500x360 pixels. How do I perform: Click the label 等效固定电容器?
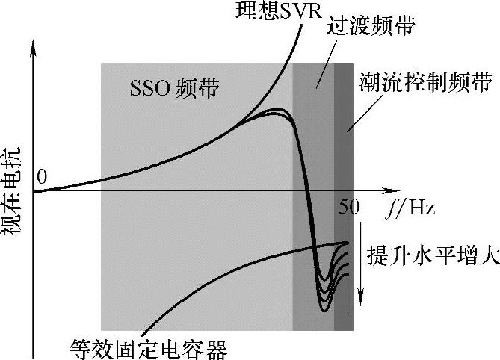coord(147,347)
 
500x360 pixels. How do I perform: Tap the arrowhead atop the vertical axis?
coord(33,46)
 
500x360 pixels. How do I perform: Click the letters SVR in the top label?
coord(284,13)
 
